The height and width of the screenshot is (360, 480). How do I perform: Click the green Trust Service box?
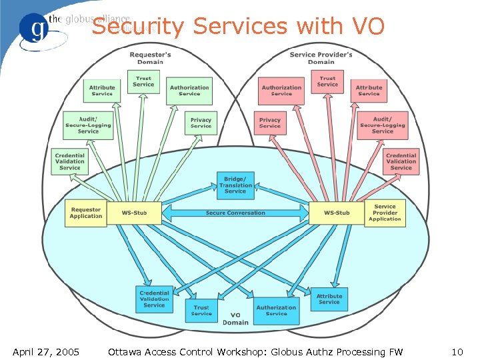[143, 81]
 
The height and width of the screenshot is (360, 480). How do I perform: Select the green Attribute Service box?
[102, 90]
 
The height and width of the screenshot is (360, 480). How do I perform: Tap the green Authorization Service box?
[189, 90]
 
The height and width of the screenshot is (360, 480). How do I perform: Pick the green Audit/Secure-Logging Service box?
[88, 125]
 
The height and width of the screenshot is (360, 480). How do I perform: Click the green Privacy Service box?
[201, 123]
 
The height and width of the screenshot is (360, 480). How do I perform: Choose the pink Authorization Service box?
[281, 90]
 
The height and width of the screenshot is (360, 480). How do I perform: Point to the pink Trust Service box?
[327, 81]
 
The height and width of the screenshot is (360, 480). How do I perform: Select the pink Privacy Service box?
[270, 123]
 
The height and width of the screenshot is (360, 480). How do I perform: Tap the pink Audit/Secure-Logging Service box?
[383, 125]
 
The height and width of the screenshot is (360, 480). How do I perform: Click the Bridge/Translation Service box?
[235, 185]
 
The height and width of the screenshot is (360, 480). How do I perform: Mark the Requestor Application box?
[86, 213]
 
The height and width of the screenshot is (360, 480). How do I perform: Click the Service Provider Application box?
[385, 213]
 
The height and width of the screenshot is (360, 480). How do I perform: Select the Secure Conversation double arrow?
[235, 213]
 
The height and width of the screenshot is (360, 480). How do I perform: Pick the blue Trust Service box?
[201, 310]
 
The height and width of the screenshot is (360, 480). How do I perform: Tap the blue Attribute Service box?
[329, 299]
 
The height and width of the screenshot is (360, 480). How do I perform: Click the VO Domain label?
[235, 319]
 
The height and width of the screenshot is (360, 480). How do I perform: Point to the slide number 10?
[457, 351]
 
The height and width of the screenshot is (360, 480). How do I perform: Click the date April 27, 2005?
[46, 351]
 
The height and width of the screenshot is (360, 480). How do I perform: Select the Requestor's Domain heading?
[150, 57]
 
